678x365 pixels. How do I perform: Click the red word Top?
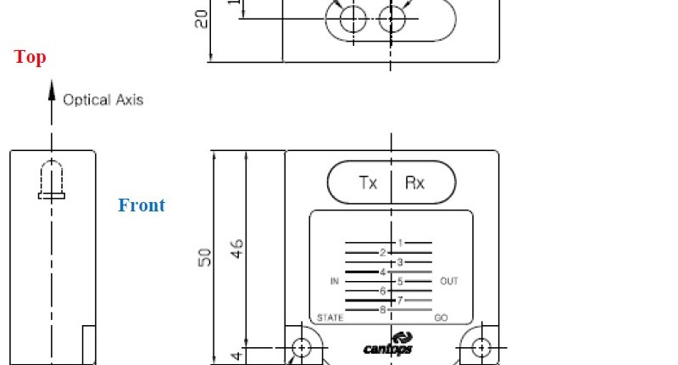[30, 57]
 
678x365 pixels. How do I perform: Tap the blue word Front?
[142, 205]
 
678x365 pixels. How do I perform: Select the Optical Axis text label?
[103, 100]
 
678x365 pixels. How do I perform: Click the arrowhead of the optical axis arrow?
[52, 91]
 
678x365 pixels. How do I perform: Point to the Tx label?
[368, 182]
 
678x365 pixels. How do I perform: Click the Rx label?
[414, 182]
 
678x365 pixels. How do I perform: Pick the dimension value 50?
[204, 257]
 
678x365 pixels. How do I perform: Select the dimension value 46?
[237, 249]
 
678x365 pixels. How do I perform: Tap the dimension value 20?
[201, 19]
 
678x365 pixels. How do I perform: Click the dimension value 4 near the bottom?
[236, 357]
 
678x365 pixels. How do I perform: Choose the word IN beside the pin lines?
[335, 282]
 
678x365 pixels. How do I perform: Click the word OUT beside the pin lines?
[449, 281]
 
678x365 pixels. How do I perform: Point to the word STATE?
[330, 317]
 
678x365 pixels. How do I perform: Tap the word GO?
[441, 317]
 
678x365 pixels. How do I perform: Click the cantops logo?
[388, 343]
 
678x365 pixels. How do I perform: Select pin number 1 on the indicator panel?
[400, 243]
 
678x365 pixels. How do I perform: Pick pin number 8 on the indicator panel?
[383, 310]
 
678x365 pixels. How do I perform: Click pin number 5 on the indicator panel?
[400, 282]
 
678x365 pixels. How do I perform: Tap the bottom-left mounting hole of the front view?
[302, 348]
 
